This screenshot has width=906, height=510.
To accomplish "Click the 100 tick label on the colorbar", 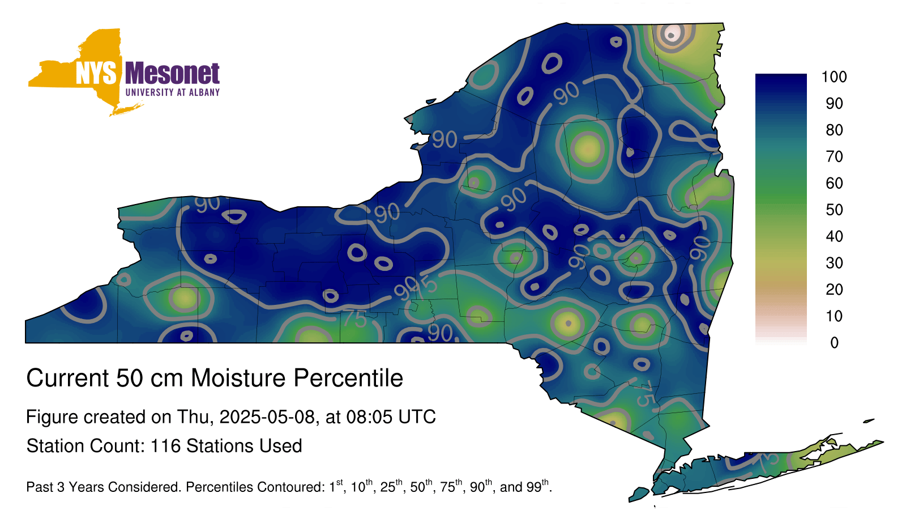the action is [834, 77].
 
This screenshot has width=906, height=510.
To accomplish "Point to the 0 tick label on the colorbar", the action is [834, 343].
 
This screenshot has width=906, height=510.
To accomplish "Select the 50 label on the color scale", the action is [834, 210].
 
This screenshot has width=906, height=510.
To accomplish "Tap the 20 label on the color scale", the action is [834, 290].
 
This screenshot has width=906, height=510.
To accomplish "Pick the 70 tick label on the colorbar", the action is [834, 156].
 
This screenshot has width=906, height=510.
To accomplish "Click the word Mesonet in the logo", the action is [172, 73].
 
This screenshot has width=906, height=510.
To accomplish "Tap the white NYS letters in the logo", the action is [96, 73].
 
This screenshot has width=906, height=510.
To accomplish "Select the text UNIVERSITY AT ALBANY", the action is [173, 92].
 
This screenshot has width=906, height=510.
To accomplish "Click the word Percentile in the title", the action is [348, 378].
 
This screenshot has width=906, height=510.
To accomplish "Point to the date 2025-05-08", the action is [267, 417].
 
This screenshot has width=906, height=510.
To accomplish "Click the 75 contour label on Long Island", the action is [768, 462].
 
